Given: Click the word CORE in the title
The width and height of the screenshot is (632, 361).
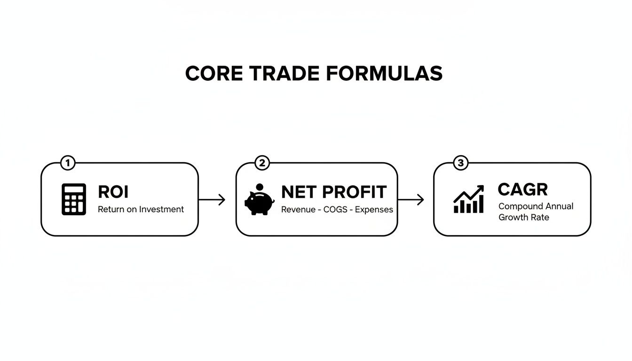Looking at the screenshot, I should coord(213,74).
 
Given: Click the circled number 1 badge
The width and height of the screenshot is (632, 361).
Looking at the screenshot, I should coord(68,164).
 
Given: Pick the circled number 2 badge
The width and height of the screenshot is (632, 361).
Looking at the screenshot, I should coord(262,164).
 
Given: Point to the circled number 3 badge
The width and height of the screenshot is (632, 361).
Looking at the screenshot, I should coord(460,164).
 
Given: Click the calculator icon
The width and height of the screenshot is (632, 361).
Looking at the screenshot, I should coord(74,199).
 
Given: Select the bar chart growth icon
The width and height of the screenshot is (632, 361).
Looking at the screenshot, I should coord(468,199).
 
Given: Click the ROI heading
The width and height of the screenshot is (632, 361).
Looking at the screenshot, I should coord(113,192).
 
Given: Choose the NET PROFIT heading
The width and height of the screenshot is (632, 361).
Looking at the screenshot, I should coord(333,192).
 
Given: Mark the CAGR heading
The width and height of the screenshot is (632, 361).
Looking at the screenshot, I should coord(522,189).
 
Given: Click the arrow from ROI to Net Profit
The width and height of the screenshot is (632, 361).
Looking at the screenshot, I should coord(212,200).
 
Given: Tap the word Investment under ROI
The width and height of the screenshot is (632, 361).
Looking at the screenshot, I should coord(161,209).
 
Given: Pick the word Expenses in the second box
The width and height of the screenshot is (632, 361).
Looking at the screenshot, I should coord(374,210).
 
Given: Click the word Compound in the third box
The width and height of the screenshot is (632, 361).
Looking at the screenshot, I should coord(521,206).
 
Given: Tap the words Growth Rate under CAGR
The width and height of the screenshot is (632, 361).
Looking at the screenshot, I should coord(523,218).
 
